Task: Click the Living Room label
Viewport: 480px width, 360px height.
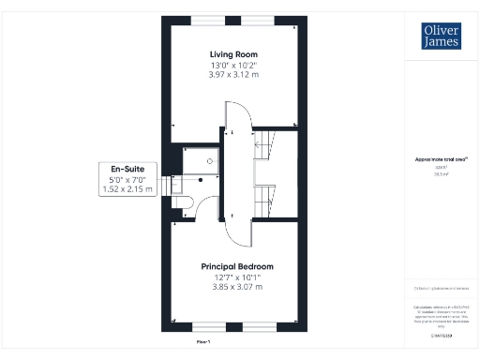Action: coord(233,54)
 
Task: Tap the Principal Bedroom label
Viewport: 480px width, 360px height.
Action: coord(237,267)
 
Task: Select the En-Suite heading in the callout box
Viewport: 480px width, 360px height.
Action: coord(126,169)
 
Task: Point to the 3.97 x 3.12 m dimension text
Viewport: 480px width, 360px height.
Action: coord(233,75)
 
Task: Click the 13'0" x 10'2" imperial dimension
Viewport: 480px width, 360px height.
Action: coord(233,65)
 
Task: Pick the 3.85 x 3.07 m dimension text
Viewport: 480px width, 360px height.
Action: coord(237,288)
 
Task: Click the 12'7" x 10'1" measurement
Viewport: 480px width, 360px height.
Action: coord(237,277)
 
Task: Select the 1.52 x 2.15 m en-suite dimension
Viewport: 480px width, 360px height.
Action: coord(126,190)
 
